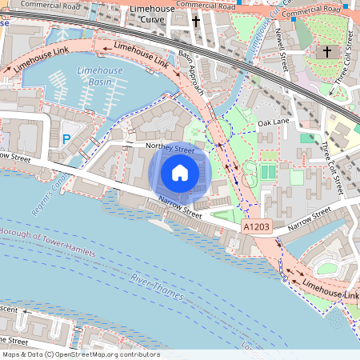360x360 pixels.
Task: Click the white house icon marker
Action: pyautogui.click(x=180, y=173)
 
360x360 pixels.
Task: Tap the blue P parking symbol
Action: pyautogui.click(x=66, y=139)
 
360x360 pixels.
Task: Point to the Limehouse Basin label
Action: pyautogui.click(x=99, y=76)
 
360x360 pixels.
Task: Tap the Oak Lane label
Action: pyautogui.click(x=273, y=123)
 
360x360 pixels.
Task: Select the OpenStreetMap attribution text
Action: pyautogui.click(x=80, y=354)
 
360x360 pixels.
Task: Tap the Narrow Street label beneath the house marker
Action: pyautogui.click(x=180, y=206)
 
